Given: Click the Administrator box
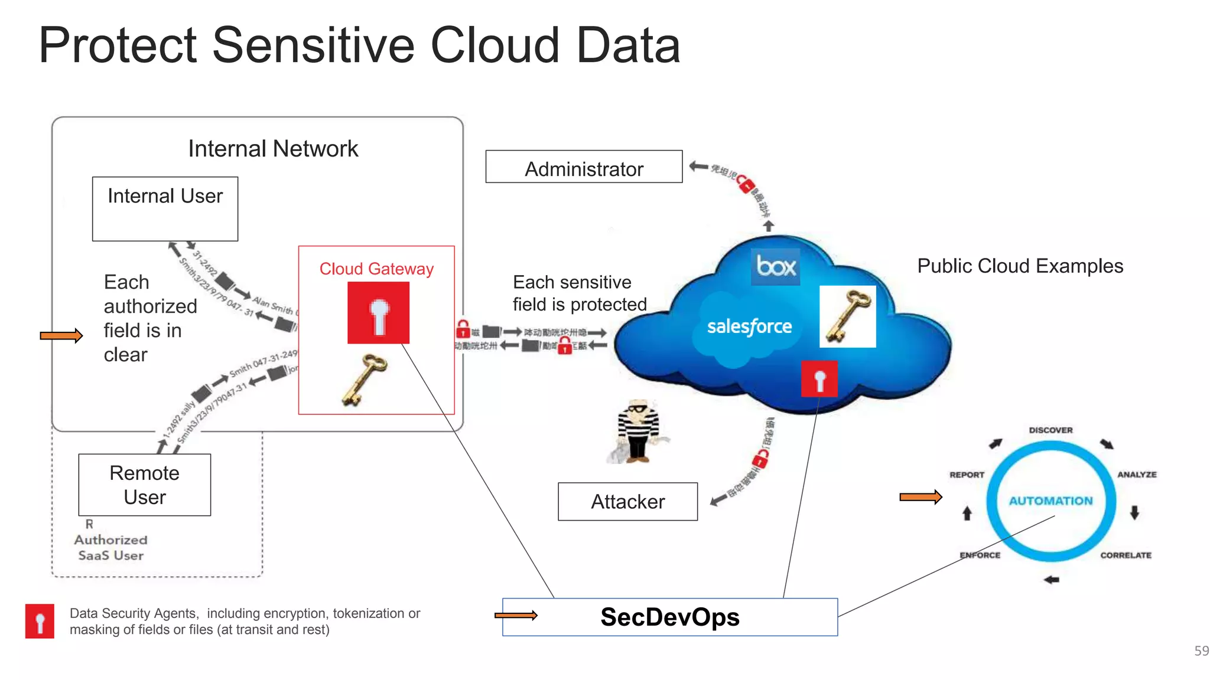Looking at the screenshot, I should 584,167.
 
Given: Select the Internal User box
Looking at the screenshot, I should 165,208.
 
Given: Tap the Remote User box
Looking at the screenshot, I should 145,485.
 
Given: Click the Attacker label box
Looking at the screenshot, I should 627,502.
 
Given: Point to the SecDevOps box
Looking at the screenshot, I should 669,617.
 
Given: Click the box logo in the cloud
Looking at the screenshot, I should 775,267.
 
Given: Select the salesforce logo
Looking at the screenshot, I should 749,326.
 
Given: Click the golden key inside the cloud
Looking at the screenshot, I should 847,316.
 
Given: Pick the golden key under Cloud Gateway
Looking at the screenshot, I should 365,380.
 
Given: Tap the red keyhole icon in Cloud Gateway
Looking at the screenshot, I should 378,313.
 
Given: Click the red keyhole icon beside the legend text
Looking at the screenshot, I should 40,621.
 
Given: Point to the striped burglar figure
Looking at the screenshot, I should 637,431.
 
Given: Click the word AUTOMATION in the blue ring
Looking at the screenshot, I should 1050,501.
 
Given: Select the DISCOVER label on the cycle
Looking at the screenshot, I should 1050,430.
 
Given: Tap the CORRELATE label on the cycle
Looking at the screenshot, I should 1126,555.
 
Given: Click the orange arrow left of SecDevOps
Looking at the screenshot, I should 516,616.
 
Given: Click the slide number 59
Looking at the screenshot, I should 1201,651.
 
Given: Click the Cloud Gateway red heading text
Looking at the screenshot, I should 376,269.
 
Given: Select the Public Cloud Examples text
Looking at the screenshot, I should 1020,266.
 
